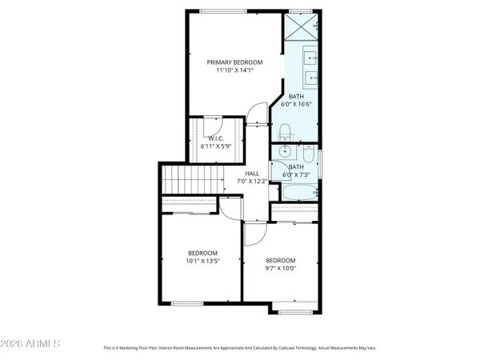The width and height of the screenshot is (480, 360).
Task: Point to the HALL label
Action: (252, 173)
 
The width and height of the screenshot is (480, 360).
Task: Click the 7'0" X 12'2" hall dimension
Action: (252, 182)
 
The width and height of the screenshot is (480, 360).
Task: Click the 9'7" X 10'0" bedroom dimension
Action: (281, 269)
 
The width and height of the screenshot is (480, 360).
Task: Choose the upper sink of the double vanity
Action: (310, 58)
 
